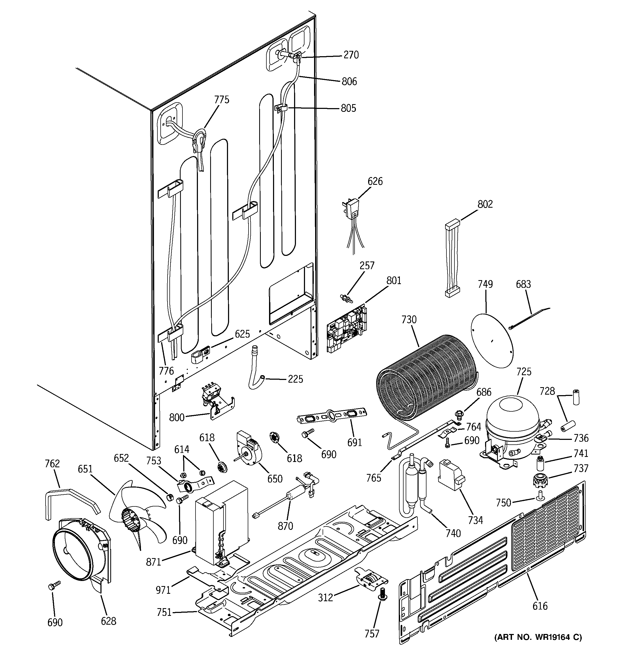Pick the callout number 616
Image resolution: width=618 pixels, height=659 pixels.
540,606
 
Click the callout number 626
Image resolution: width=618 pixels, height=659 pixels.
375,181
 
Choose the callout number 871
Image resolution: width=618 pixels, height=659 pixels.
153,562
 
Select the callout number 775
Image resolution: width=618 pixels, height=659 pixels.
222,99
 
